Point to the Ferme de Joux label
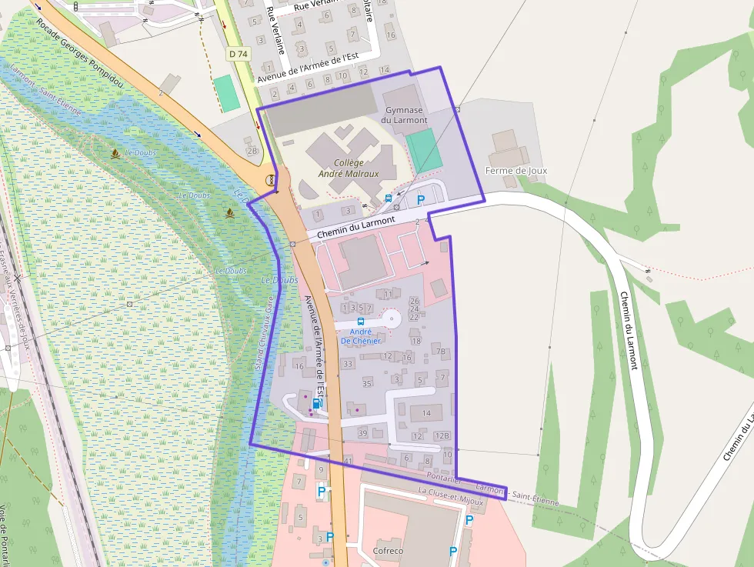[515, 171]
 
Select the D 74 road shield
[238, 54]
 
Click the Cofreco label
[388, 551]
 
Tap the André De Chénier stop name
[361, 336]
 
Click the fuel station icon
[316, 403]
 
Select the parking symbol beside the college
[421, 200]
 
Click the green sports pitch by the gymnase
[424, 150]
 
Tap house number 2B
[252, 151]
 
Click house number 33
[348, 364]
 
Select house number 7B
[441, 352]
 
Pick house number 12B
[442, 436]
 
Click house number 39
[362, 434]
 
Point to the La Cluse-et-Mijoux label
[451, 497]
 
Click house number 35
[367, 383]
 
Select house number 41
[349, 461]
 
